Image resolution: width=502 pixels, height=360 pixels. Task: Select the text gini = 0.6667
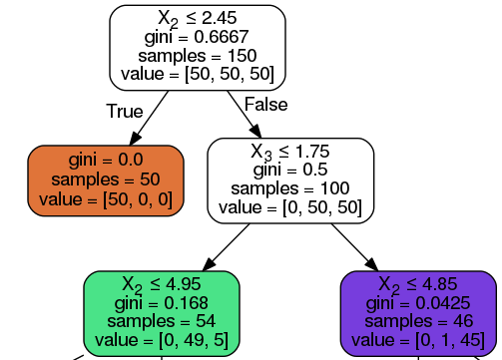[197, 37]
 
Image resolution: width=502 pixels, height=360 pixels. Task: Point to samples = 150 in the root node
[197, 55]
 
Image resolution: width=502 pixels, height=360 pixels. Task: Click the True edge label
[125, 111]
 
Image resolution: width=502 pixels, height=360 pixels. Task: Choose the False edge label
[264, 105]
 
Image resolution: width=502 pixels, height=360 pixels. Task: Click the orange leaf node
[106, 180]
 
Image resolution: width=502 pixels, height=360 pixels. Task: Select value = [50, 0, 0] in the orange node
[106, 198]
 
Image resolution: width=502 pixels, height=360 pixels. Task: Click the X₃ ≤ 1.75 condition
[290, 153]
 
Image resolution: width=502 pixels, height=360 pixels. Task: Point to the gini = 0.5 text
[290, 171]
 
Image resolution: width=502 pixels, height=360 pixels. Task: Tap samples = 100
[290, 188]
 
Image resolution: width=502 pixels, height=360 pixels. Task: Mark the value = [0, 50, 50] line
[290, 207]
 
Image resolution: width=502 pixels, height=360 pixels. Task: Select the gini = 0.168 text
[162, 303]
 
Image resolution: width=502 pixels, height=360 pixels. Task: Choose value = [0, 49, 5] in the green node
[162, 340]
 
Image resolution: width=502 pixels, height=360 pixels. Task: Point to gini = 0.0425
[420, 303]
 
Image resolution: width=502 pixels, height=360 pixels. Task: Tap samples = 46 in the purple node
[420, 321]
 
